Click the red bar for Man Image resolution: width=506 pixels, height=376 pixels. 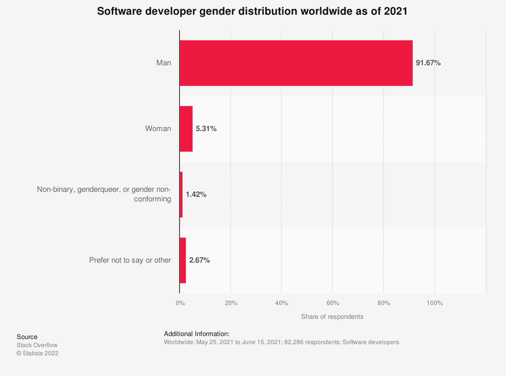(296, 63)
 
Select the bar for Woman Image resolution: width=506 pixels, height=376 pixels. (186, 129)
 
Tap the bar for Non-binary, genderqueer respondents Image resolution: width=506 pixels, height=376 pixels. (181, 195)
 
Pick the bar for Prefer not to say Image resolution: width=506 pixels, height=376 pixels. (183, 261)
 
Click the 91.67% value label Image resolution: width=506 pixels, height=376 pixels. (428, 63)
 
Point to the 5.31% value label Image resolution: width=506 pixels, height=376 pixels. (206, 129)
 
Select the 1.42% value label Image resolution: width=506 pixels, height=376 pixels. (196, 195)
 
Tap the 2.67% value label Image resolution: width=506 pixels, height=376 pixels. (199, 261)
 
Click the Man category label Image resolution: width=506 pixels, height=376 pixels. (163, 63)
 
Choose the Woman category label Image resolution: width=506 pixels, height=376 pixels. (158, 129)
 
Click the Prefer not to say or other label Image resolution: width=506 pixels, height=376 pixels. (130, 261)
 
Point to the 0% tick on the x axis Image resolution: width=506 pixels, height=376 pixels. (180, 303)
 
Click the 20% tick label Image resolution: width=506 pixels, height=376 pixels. (231, 303)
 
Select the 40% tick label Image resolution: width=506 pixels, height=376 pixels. (282, 303)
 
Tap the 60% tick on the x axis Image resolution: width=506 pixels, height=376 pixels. (332, 303)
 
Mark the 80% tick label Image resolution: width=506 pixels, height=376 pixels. (384, 303)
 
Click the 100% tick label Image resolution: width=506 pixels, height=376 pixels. (435, 303)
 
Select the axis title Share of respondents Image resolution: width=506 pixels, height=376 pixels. (332, 317)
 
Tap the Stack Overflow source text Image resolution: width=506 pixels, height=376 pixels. (37, 345)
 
